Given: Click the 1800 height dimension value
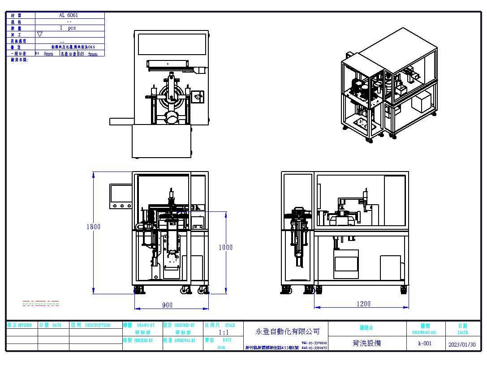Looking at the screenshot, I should [94, 227].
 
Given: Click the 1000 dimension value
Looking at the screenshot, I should [226, 247].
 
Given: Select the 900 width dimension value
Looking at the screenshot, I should [167, 305].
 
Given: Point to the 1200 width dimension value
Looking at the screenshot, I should [363, 304].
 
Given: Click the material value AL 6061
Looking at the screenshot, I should [68, 15].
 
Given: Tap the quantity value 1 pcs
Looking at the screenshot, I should [68, 28].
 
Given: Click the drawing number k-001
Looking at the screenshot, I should [425, 344].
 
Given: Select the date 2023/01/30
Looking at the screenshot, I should [461, 344].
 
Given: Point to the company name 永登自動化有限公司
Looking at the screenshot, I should [288, 331].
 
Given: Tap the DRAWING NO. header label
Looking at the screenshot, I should [425, 332].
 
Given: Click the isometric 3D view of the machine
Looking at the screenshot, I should [388, 85].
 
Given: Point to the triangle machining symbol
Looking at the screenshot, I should [40, 34].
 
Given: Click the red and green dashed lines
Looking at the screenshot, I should [41, 303].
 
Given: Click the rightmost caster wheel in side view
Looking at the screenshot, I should [404, 291].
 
